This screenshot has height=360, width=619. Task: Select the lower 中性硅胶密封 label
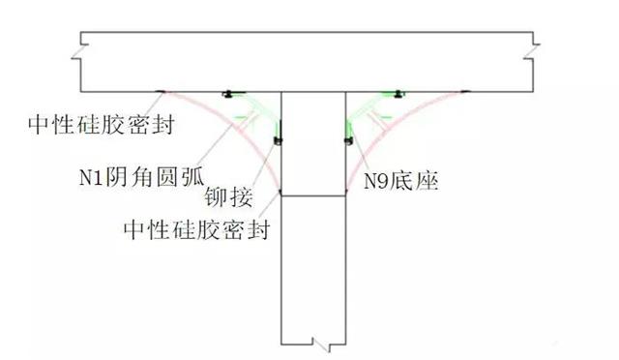point(197,230)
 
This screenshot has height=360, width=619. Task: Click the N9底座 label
point(401,181)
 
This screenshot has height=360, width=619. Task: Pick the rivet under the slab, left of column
point(229,94)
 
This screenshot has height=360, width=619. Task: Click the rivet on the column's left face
point(279,143)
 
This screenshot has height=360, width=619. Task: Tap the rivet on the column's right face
point(348,143)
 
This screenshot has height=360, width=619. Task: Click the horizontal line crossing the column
point(313,196)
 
